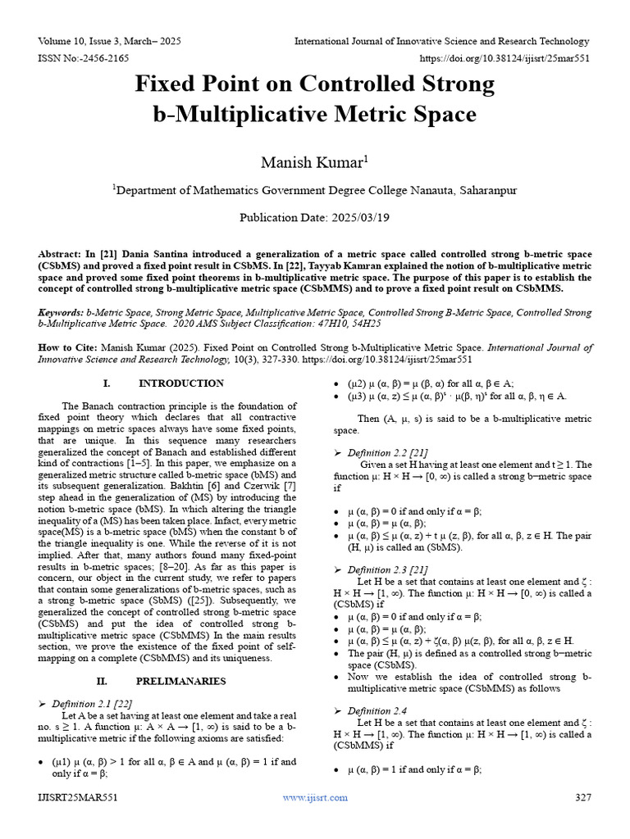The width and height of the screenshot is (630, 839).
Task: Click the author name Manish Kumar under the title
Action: pyautogui.click(x=313, y=162)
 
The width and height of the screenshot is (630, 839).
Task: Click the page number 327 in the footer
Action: pyautogui.click(x=582, y=797)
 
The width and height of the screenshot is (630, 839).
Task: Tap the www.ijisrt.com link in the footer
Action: pyautogui.click(x=315, y=797)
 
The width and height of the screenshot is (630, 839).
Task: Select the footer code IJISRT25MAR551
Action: pyautogui.click(x=78, y=797)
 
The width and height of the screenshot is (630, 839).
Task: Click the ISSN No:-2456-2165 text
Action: pyautogui.click(x=83, y=59)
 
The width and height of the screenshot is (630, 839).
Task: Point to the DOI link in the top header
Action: pyautogui.click(x=504, y=59)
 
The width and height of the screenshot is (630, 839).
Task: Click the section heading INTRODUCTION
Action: pyautogui.click(x=181, y=383)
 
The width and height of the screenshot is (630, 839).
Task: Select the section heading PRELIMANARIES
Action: pyautogui.click(x=181, y=681)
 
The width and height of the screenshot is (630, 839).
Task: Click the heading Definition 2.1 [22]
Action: pyautogui.click(x=92, y=704)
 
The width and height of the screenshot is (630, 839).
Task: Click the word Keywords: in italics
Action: pyautogui.click(x=62, y=313)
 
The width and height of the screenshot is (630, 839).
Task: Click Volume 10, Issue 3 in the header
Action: pyautogui.click(x=80, y=41)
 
